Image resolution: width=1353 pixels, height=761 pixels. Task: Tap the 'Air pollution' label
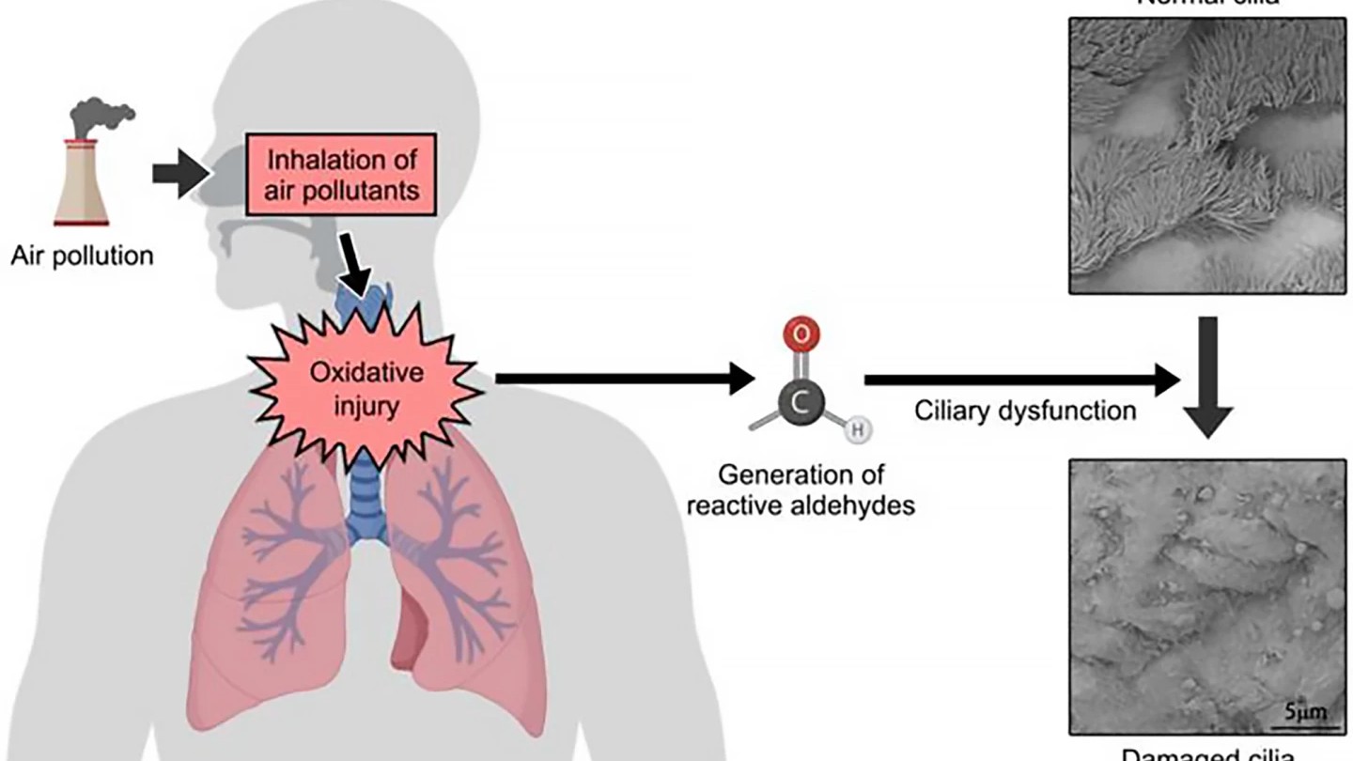pyautogui.click(x=82, y=256)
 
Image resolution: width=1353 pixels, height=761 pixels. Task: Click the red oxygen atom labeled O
pyautogui.click(x=800, y=334)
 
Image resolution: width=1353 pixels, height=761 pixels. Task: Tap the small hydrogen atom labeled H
pyautogui.click(x=857, y=430)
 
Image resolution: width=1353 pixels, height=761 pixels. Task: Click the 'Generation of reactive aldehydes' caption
pyautogui.click(x=801, y=489)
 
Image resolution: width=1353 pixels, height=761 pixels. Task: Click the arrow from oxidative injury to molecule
pyautogui.click(x=625, y=379)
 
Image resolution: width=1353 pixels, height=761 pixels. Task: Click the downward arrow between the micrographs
pyautogui.click(x=1209, y=376)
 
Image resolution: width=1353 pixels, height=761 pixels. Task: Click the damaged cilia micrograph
pyautogui.click(x=1208, y=596)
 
